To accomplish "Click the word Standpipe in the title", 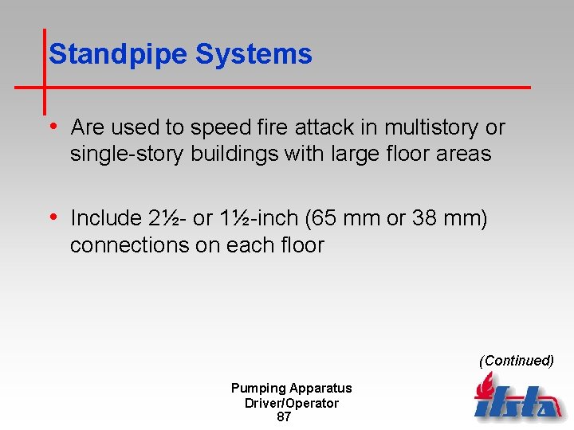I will [118, 55].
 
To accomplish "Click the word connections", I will [129, 244].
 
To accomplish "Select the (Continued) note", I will [516, 361].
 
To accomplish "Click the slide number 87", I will [283, 417].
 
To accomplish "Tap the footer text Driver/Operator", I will [291, 403].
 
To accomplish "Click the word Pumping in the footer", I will [258, 389].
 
